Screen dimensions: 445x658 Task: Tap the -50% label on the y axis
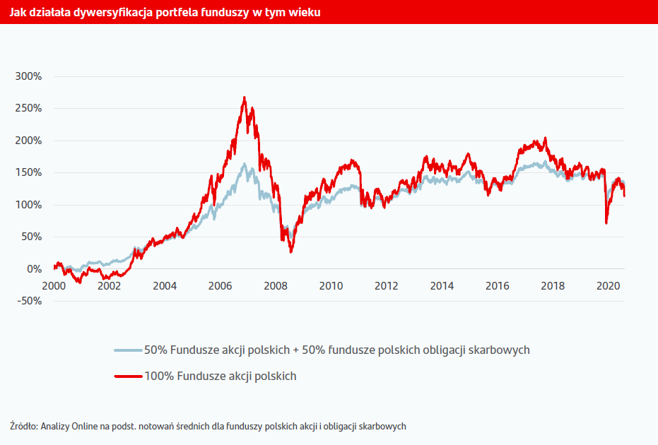point(28,302)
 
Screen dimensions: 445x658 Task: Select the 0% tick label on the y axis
point(33,269)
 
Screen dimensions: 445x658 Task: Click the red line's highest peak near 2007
point(245,97)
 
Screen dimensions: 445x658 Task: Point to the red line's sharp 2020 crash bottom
point(606,223)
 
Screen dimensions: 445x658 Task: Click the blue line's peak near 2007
point(245,164)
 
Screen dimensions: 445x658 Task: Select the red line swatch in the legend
point(128,376)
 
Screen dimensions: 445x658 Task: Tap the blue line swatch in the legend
point(128,350)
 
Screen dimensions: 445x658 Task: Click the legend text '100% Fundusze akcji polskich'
point(220,376)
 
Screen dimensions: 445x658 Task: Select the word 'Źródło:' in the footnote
point(23,427)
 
